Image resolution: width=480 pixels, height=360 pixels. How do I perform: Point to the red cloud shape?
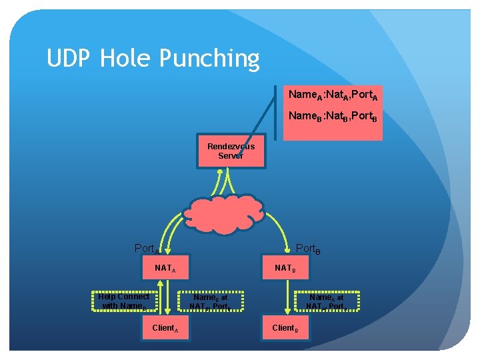(x=225, y=213)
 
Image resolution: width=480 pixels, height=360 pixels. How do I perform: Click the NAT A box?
(x=165, y=269)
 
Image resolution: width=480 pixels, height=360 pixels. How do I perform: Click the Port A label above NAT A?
(x=147, y=249)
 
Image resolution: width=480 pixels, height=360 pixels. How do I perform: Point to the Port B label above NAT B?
(x=309, y=249)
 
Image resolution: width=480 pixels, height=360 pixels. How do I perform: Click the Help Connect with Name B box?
(x=124, y=301)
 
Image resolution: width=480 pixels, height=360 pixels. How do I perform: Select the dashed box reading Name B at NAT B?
(x=211, y=302)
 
